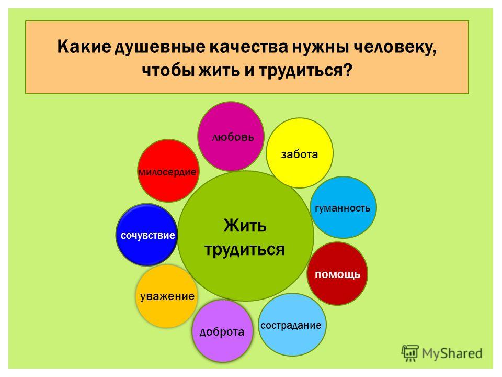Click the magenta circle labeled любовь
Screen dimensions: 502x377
(231, 137)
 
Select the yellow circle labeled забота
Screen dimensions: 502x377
(300, 153)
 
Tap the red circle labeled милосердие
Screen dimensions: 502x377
(168, 171)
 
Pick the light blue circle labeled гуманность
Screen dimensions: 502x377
(343, 207)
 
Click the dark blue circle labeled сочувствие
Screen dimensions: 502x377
(147, 235)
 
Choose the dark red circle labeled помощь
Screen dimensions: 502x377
(337, 273)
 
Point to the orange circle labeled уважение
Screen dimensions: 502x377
(166, 296)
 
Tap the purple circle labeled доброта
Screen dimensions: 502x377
(223, 331)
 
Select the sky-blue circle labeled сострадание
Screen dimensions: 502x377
(292, 325)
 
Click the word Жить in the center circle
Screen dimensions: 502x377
(245, 226)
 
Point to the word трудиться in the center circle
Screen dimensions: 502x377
(245, 250)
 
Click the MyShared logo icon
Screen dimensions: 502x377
(410, 353)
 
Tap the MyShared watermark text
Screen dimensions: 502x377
(452, 353)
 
